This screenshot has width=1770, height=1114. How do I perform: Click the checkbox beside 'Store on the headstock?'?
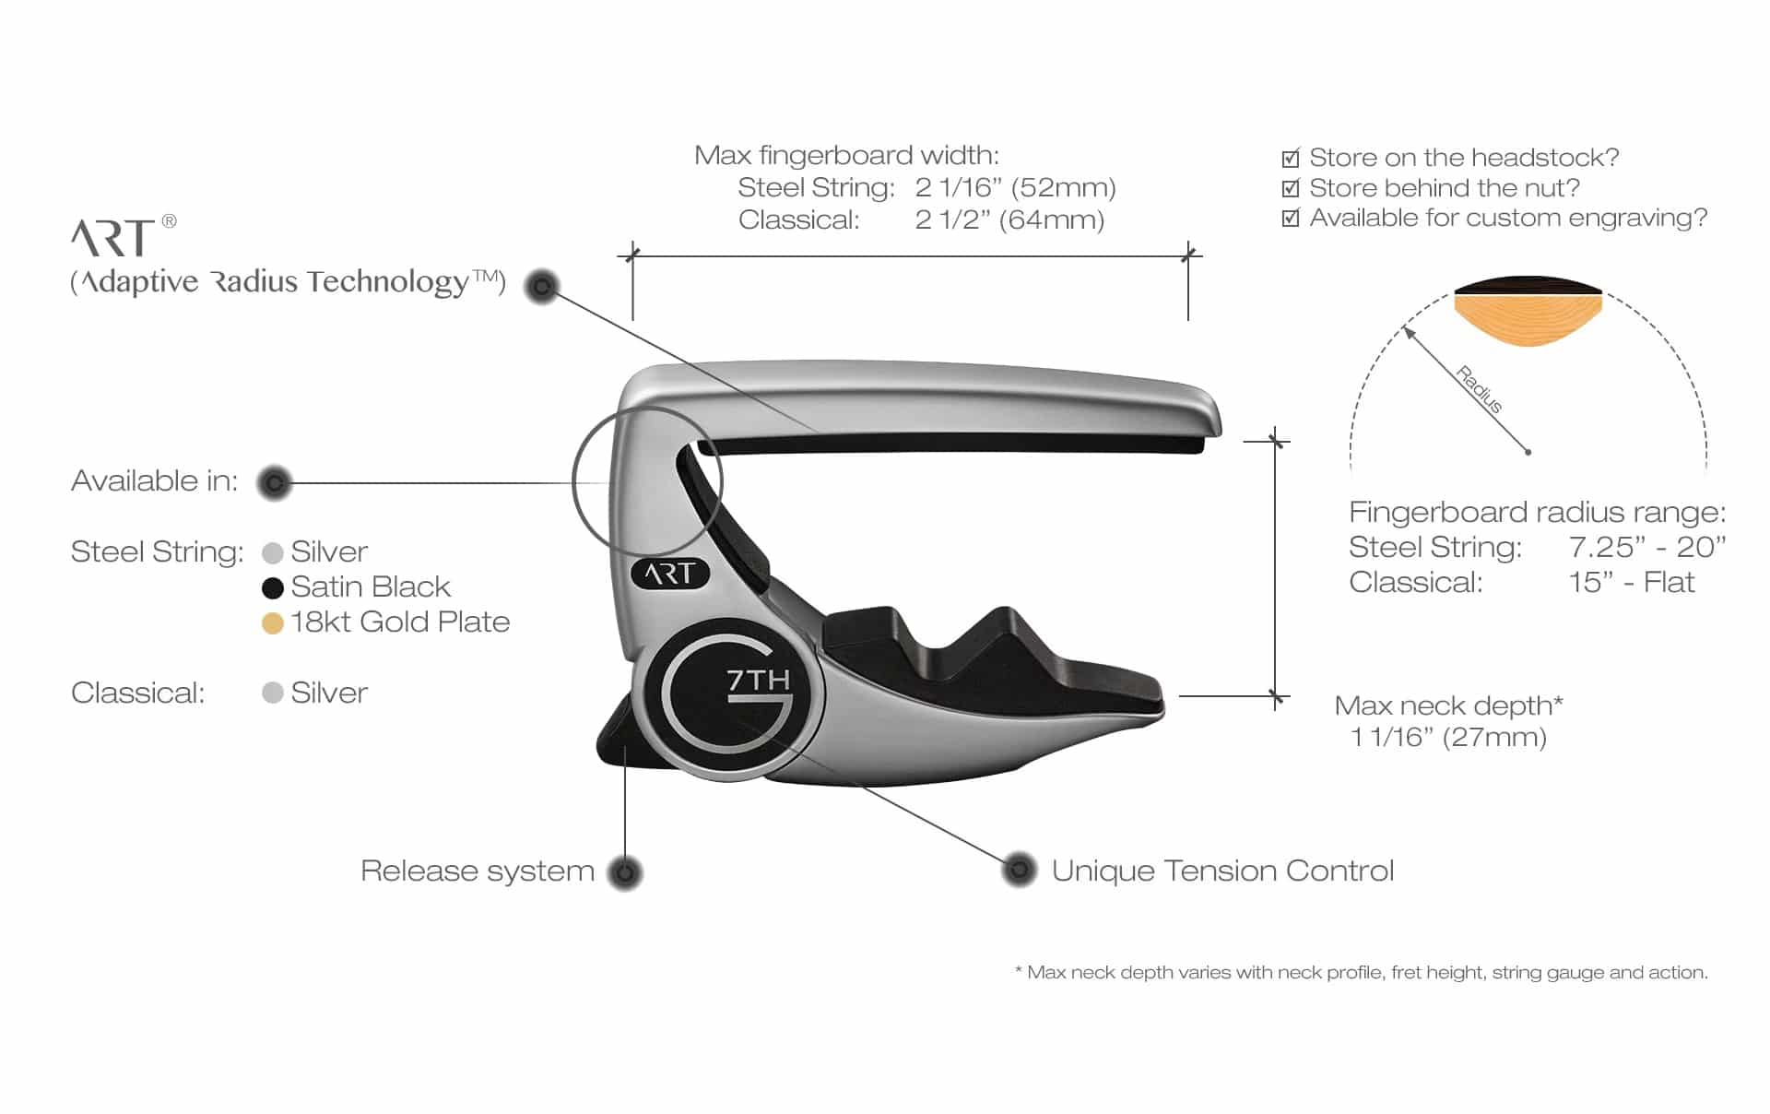[1291, 158]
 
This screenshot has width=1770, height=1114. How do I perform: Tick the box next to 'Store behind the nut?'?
[1291, 188]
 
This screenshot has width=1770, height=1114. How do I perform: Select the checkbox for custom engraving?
[1291, 218]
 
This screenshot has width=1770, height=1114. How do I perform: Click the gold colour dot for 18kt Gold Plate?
[272, 623]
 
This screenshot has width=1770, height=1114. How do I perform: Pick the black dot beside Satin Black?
[272, 587]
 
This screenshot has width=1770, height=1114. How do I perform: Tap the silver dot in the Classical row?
[272, 693]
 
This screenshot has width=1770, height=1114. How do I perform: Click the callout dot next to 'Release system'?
[625, 872]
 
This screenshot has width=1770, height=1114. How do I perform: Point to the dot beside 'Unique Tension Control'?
[1019, 870]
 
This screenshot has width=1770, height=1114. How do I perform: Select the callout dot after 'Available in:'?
[274, 482]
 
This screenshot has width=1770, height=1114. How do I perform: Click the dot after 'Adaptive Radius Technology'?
[542, 287]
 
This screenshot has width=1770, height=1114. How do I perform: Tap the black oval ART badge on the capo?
[670, 574]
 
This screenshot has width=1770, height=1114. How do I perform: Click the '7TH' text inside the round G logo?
[758, 681]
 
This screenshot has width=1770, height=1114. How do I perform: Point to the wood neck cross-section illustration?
[1528, 312]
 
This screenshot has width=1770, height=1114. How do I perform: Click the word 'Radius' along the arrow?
[1479, 389]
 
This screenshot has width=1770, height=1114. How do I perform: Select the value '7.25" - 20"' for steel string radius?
[1646, 547]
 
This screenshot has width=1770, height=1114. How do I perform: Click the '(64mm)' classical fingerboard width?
[1057, 220]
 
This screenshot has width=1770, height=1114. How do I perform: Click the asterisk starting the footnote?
[1019, 970]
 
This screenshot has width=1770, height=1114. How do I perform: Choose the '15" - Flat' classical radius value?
[1632, 582]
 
